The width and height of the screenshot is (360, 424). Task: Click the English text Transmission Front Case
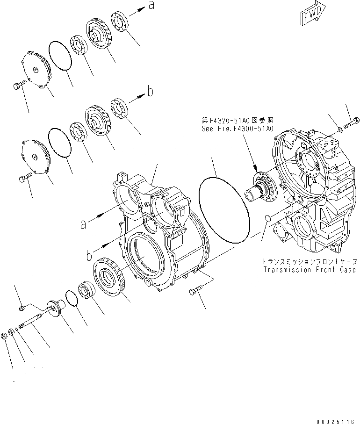tap(310, 270)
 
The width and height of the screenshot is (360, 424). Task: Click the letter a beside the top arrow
tap(151, 6)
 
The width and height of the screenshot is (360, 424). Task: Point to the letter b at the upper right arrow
tap(150, 92)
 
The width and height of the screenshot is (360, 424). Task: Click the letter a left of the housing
tap(83, 224)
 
